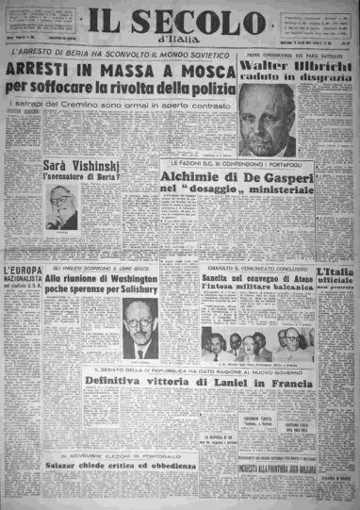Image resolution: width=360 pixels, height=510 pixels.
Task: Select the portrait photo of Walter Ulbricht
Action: coord(266,122)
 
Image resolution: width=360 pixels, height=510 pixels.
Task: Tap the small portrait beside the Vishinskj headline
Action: coord(61,207)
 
